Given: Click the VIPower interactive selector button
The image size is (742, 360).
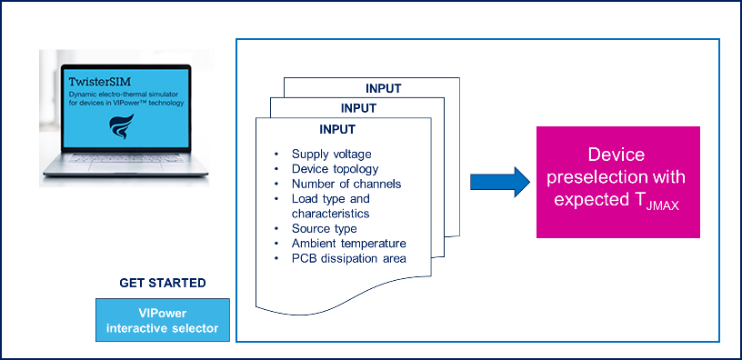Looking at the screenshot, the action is coord(162,320).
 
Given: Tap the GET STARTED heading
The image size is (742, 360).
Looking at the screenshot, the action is coord(162,283).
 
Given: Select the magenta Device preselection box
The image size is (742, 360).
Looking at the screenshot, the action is coord(617,182).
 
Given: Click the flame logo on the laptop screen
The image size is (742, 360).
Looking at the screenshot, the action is coord(122,126).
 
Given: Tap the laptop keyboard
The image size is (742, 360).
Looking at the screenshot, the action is coord(125,158).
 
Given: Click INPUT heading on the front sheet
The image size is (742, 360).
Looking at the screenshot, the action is coord(337,129).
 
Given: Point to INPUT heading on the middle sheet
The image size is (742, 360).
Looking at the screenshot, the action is coord(358,108).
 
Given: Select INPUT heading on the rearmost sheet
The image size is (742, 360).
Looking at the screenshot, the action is coord(384,88).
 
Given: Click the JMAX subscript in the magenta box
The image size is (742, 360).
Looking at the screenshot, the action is coord(664,206).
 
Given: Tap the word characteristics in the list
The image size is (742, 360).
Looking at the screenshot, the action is coord(330,214).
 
